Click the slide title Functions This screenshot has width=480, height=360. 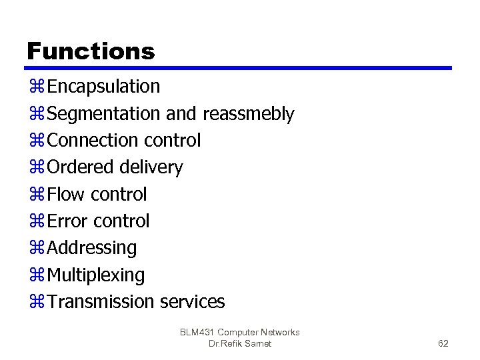coord(91,51)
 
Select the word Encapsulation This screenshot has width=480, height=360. coord(104,87)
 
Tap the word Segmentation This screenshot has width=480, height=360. coord(104,114)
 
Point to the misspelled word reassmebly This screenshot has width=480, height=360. coord(248,114)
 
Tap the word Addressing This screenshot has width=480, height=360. coord(92,248)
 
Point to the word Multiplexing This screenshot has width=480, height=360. coord(96,275)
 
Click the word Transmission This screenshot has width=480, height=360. coord(101,301)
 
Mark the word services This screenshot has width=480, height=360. coord(193,301)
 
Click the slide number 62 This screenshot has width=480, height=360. coord(443,343)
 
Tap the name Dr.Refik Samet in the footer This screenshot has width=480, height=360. coord(240,343)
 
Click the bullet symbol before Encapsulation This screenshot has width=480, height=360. coord(36,87)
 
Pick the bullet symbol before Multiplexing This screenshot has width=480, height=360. coord(36,275)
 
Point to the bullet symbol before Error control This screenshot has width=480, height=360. coord(36,221)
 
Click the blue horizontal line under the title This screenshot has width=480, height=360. coord(240,68)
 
